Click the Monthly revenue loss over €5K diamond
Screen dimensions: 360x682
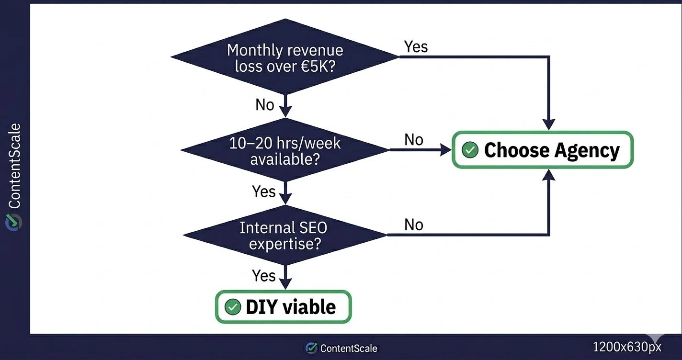(x=285, y=57)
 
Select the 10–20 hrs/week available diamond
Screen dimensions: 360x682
(x=285, y=150)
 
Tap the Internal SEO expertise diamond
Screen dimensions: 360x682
(x=285, y=235)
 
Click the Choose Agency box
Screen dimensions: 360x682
(x=543, y=150)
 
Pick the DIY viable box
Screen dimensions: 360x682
(x=283, y=307)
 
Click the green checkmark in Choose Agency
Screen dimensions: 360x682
(x=470, y=150)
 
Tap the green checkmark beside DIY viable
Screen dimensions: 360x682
(x=233, y=307)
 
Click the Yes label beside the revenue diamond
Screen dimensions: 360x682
(x=416, y=46)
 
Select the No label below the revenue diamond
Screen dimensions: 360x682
(x=264, y=104)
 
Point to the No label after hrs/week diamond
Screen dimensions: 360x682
(x=414, y=140)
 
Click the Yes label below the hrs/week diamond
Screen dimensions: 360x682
(x=264, y=191)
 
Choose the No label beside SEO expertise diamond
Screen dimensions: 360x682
(x=414, y=225)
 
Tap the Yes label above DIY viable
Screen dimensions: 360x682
(x=264, y=276)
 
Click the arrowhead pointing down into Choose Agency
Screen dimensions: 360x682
(x=549, y=124)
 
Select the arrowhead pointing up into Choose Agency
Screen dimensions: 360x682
(x=549, y=174)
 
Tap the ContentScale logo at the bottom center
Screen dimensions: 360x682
(x=341, y=348)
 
